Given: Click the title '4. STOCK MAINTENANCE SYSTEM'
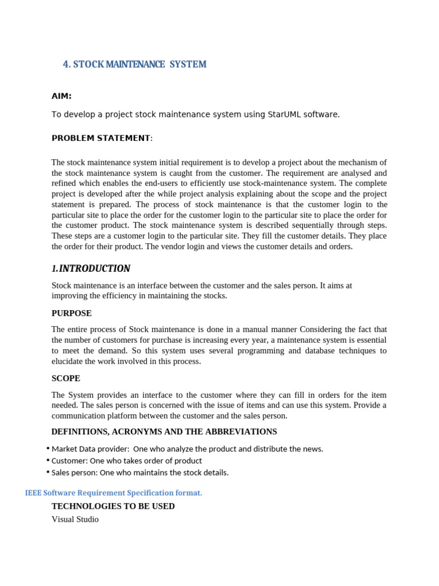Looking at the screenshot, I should coord(134,65).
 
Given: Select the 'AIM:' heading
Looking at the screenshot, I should coord(61,96).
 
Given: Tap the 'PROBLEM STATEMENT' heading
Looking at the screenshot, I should coord(101,138).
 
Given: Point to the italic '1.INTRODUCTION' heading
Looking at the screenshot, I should coord(91,268).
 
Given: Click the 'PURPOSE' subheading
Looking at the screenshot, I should coord(71,314).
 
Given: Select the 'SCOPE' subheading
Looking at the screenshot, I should coord(66,379).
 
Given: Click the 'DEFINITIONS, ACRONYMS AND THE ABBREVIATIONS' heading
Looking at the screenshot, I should coord(164,431).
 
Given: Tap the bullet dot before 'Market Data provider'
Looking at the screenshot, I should coord(48,448).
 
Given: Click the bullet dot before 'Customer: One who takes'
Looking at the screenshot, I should coord(48,460).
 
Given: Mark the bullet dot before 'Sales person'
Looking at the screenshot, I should coord(48,472).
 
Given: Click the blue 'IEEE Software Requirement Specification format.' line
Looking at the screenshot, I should coord(114,493).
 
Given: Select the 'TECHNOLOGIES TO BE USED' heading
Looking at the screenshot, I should coord(113,506).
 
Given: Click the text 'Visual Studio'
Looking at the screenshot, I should coord(75,520).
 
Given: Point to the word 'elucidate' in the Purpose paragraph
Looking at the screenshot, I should coord(68,361).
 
